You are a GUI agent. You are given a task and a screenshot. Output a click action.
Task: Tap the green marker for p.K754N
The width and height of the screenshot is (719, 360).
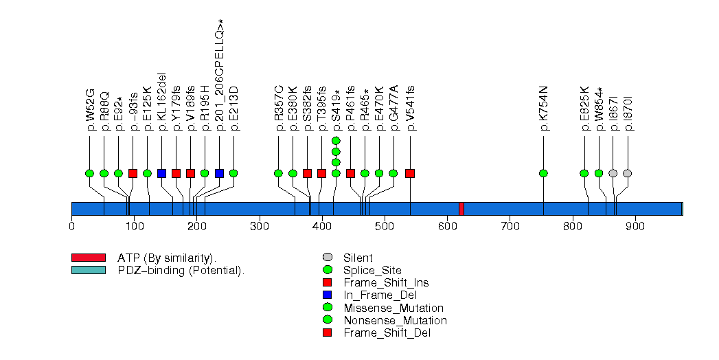[x=544, y=173]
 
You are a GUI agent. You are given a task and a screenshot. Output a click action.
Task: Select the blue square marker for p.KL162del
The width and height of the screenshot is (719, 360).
[x=161, y=173]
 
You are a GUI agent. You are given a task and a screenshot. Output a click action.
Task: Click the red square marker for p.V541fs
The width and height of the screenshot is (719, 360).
[x=410, y=173]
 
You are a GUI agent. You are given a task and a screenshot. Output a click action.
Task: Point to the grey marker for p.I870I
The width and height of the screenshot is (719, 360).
[x=627, y=173]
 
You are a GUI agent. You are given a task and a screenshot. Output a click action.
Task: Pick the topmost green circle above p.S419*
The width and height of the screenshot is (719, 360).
[x=336, y=140]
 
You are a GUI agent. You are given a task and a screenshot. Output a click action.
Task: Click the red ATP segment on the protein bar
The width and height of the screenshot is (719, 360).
[x=461, y=209]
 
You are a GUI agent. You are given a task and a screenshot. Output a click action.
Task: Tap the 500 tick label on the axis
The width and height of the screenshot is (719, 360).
[x=385, y=225]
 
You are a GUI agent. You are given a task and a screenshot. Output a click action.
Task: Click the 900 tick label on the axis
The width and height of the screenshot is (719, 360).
[x=635, y=225]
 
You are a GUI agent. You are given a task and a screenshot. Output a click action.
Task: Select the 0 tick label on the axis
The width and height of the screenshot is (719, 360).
[x=71, y=225]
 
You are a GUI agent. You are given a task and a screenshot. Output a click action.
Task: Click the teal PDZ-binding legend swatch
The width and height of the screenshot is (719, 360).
[x=88, y=270]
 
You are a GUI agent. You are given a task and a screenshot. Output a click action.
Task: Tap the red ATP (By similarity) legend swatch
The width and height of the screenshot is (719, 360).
[x=88, y=258]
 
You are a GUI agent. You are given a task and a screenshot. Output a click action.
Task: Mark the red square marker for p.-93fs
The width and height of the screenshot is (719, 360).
[x=133, y=173]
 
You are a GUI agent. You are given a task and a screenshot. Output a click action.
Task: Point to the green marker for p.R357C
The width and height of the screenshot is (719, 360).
[x=278, y=173]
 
